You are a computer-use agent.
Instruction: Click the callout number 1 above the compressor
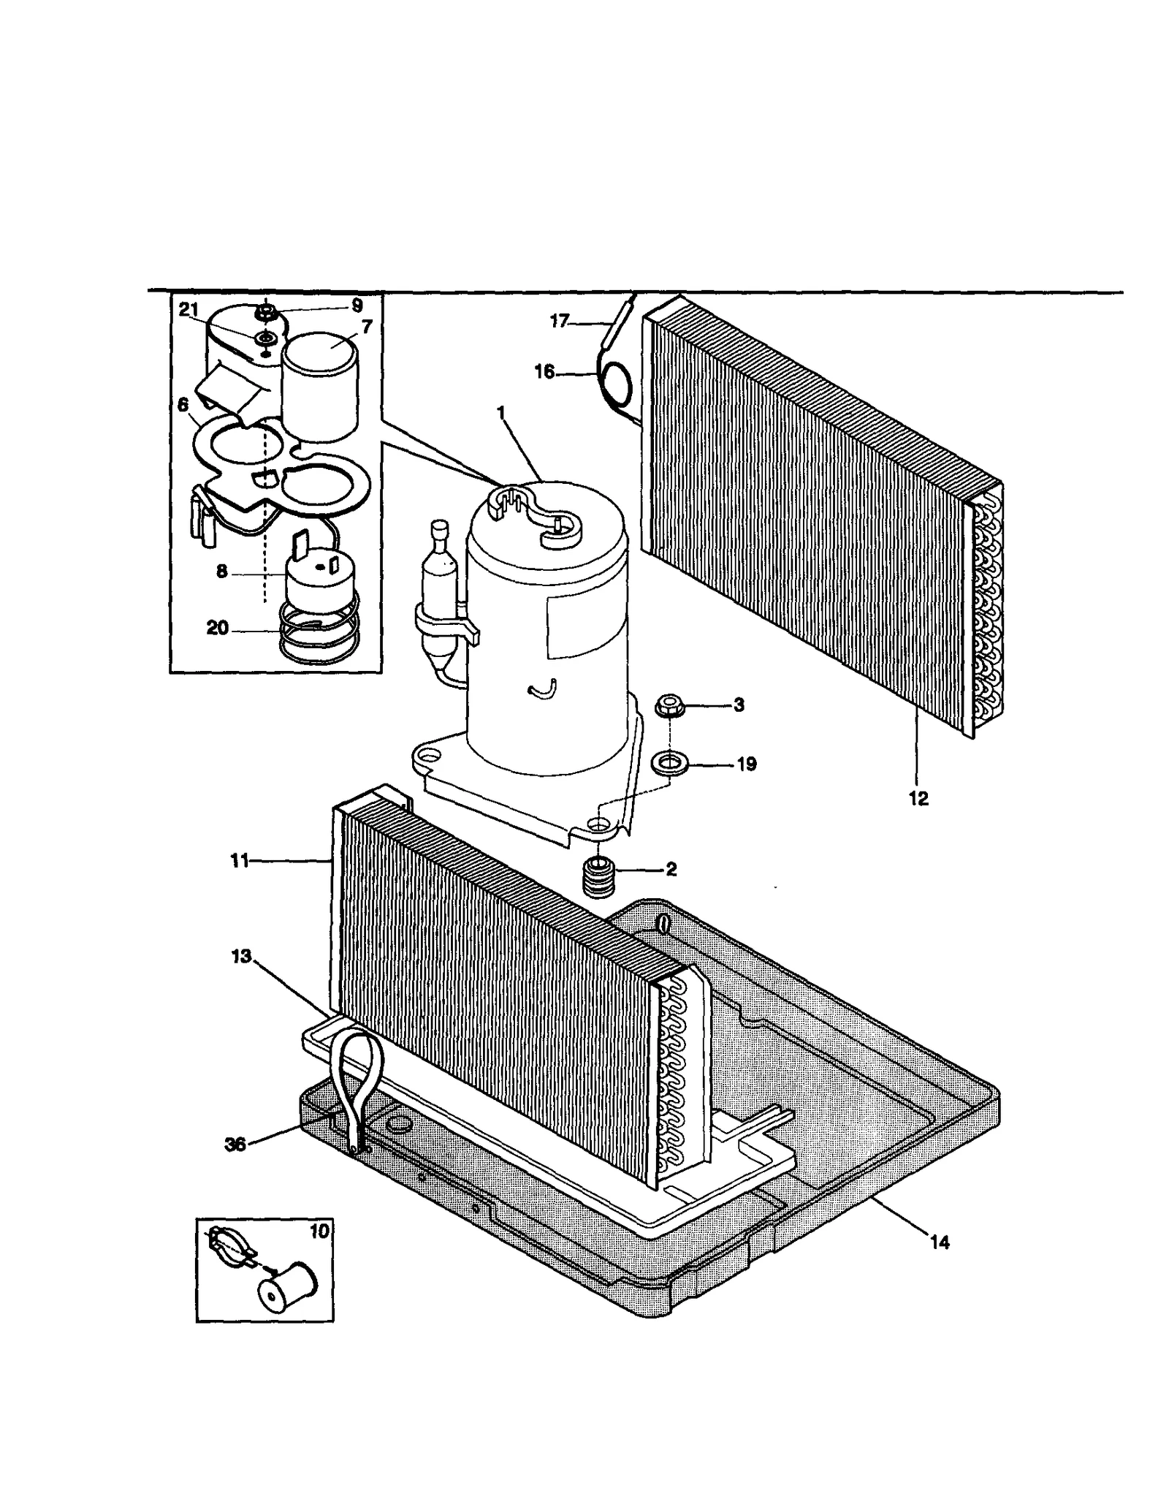pos(501,413)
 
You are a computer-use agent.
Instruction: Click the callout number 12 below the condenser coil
pos(918,799)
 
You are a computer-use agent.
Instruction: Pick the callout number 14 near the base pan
pos(940,1242)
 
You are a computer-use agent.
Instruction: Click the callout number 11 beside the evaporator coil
pos(240,861)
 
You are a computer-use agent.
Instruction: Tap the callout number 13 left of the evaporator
pos(241,956)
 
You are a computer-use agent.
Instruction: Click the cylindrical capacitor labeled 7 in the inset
pos(321,391)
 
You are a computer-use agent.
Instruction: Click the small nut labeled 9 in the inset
pos(266,314)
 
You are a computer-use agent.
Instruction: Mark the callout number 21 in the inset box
pos(189,310)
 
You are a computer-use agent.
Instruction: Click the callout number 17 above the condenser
pos(559,321)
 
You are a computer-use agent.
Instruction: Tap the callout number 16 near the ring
pos(544,373)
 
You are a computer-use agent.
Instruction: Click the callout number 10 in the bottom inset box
pos(319,1232)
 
